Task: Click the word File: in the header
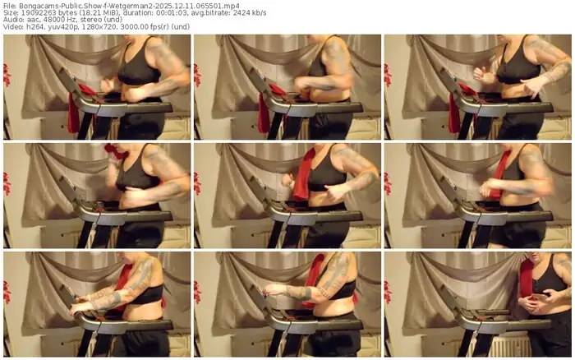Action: pos(11,5)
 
